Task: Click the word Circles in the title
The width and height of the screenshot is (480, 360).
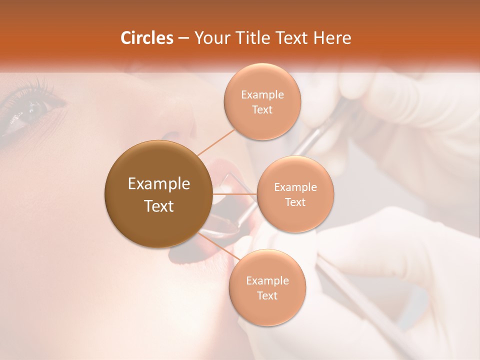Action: [x=146, y=38]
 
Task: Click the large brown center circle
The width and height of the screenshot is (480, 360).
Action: [x=158, y=194]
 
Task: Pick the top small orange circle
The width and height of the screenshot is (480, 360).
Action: [x=262, y=101]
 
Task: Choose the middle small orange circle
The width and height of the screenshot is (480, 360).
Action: [x=295, y=194]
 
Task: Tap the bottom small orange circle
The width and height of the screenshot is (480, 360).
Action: [x=267, y=287]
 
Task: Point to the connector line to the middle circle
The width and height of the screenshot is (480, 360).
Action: [x=235, y=193]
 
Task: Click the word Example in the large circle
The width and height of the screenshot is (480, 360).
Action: [x=159, y=184]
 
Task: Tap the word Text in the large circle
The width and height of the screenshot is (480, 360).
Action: [x=159, y=206]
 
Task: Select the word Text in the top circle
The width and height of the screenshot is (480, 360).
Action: [x=262, y=109]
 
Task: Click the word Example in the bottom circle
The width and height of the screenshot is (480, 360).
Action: [x=267, y=280]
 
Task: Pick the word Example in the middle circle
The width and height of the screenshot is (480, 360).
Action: [x=295, y=187]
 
